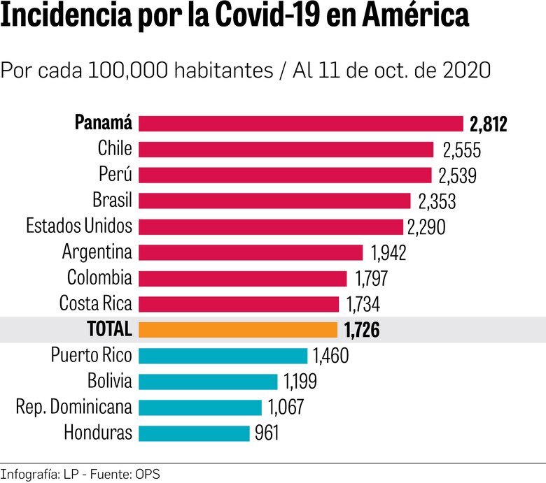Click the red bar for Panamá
coord(301,124)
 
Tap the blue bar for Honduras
coord(194,433)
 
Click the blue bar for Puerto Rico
coord(223,356)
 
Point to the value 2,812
coord(488,124)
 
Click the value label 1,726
coord(362,330)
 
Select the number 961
coord(267,433)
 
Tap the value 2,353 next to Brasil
coord(437,201)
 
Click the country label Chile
coord(115,149)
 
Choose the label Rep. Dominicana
coord(73,407)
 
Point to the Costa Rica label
coord(95,304)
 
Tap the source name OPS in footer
coord(147,474)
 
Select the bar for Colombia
coord(242,278)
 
